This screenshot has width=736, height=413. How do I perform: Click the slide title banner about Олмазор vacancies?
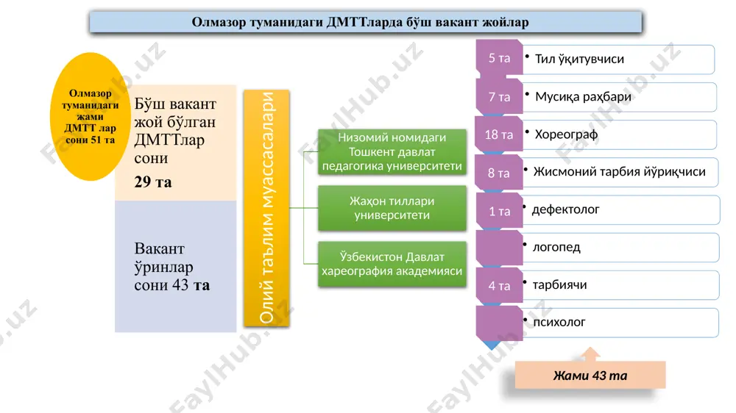click(x=366, y=22)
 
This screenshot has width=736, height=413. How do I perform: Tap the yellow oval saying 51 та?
click(x=90, y=116)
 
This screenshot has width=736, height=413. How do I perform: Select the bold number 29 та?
click(x=153, y=182)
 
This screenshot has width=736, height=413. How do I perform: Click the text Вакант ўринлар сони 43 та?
click(x=171, y=266)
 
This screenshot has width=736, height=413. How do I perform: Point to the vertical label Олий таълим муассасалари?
click(x=266, y=208)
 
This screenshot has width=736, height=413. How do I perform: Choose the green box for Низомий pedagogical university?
click(x=392, y=152)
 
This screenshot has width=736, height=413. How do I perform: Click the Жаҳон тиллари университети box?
click(x=392, y=208)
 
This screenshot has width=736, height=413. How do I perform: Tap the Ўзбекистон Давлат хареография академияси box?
click(x=392, y=264)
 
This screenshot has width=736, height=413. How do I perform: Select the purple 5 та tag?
click(x=500, y=57)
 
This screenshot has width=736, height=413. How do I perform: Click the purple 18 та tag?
click(x=499, y=135)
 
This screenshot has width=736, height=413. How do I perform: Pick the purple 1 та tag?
click(x=500, y=212)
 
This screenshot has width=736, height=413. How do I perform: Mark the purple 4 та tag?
click(x=500, y=285)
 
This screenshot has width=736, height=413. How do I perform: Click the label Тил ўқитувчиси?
click(x=579, y=59)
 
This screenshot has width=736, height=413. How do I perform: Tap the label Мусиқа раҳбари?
click(x=583, y=96)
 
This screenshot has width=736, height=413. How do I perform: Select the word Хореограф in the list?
click(x=566, y=134)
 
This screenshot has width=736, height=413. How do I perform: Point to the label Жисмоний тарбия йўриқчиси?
click(x=619, y=171)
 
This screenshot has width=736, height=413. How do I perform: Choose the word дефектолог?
click(x=565, y=209)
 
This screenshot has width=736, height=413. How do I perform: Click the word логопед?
click(x=556, y=247)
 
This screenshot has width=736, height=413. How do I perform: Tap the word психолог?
click(x=559, y=322)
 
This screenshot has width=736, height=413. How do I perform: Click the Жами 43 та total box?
click(x=590, y=375)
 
